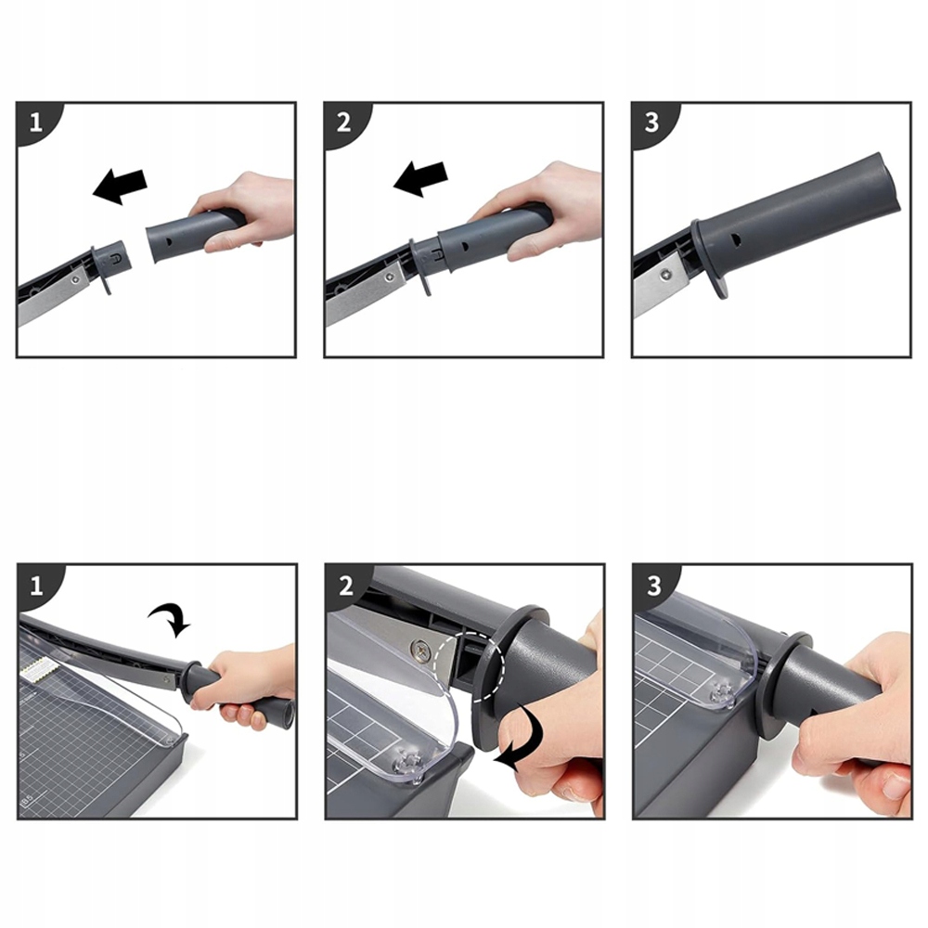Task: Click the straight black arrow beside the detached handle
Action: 120,186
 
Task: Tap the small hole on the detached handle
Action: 169,241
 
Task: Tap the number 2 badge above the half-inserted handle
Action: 344,122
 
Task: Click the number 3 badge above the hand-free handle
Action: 651,122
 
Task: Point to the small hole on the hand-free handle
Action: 736,239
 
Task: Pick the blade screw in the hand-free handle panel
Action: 667,274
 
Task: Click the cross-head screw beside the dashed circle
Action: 421,651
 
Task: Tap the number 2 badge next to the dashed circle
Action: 346,586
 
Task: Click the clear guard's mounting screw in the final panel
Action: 723,693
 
